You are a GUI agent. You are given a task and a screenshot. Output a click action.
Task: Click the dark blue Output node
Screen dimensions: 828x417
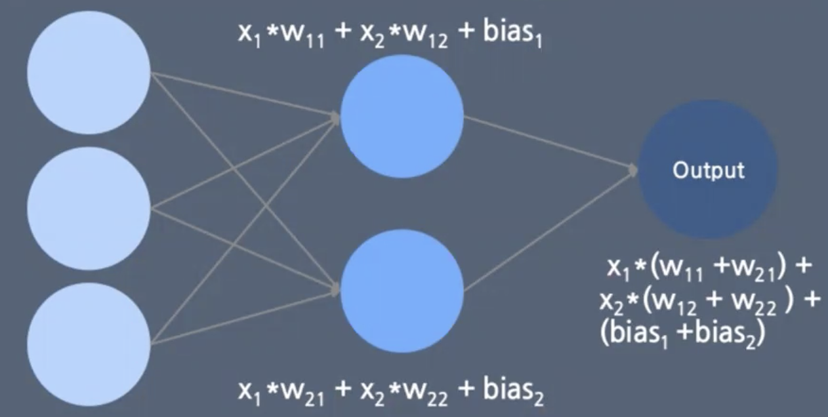[x=708, y=170]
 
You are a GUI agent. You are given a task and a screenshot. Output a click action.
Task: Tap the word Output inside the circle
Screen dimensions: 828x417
[x=708, y=170]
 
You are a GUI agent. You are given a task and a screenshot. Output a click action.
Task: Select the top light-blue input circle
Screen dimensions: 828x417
[x=89, y=72]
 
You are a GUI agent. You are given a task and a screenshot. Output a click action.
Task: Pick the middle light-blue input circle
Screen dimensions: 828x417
[x=89, y=208]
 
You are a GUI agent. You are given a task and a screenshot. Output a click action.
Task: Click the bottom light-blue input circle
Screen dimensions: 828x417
[x=89, y=344]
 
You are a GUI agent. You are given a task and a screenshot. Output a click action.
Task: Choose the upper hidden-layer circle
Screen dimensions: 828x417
[x=402, y=116]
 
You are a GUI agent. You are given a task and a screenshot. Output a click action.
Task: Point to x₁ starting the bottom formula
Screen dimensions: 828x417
[x=247, y=393]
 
